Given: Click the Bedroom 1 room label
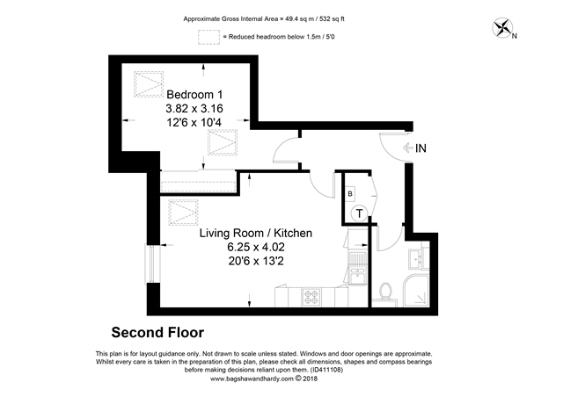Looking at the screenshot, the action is pyautogui.click(x=194, y=95).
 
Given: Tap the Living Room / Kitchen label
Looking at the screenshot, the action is pyautogui.click(x=256, y=233).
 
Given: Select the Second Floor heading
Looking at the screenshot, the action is pyautogui.click(x=157, y=333).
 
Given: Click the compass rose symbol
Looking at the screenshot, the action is pyautogui.click(x=502, y=27).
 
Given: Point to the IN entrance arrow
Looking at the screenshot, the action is pyautogui.click(x=408, y=148).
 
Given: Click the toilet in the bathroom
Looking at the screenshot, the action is pyautogui.click(x=385, y=292).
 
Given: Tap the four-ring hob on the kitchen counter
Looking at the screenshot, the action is pyautogui.click(x=311, y=297).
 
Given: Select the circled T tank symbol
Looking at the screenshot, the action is pyautogui.click(x=359, y=213).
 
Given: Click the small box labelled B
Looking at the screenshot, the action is pyautogui.click(x=350, y=194).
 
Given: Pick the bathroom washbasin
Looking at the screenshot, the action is pyautogui.click(x=418, y=258).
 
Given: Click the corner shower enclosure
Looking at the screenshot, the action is pyautogui.click(x=416, y=291).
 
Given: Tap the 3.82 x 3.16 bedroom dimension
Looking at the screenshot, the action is pyautogui.click(x=194, y=108).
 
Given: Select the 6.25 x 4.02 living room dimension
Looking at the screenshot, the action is pyautogui.click(x=256, y=247).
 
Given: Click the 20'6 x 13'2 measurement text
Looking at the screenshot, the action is pyautogui.click(x=256, y=261).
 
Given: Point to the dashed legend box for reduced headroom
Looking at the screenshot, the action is pyautogui.click(x=208, y=37).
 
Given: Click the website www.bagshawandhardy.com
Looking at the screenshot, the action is pyautogui.click(x=252, y=379).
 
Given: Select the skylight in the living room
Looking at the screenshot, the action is pyautogui.click(x=183, y=213).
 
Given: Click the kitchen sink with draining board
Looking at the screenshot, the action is pyautogui.click(x=358, y=269).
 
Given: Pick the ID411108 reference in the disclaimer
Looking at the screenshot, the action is pyautogui.click(x=326, y=370).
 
